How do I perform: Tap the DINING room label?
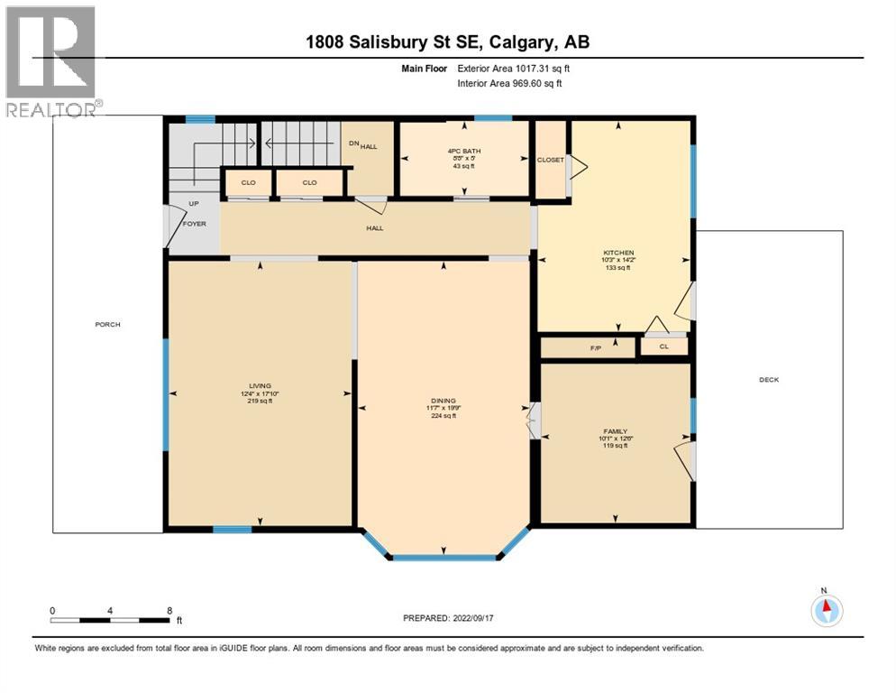point(443,401)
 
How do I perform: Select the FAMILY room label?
point(616,432)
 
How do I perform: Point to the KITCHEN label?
point(618,253)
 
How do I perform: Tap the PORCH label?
point(107,325)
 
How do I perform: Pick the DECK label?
point(768,380)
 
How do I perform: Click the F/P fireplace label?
point(594,346)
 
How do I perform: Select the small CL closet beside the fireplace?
point(663,346)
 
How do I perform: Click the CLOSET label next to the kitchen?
point(550,160)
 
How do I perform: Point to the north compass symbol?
point(826,610)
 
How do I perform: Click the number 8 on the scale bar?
point(169,610)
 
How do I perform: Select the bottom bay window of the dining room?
point(443,558)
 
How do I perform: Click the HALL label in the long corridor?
point(375,228)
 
